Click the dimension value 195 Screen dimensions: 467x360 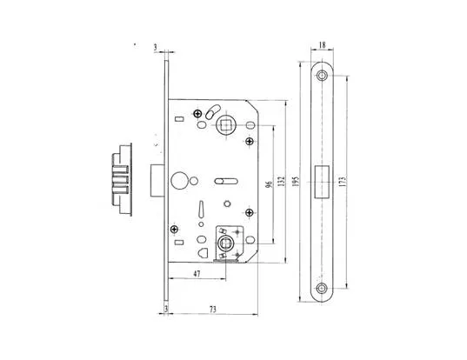296,182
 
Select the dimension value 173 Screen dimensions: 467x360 343,182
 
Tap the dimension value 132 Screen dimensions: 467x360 282,182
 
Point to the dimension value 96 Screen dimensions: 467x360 269,184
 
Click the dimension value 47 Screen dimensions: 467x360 197,273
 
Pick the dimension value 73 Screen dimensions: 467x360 212,310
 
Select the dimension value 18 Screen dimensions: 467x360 322,45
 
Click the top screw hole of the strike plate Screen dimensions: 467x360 322,76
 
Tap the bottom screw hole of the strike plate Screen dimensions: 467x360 322,288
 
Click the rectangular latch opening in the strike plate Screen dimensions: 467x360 322,182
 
